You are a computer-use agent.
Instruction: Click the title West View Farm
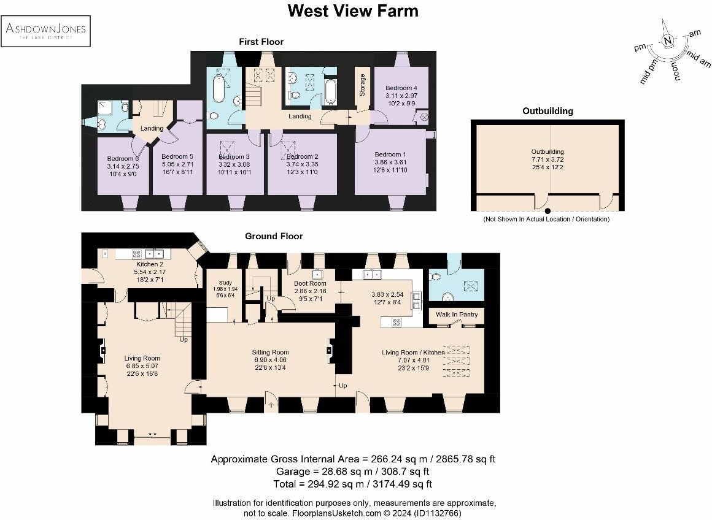pyautogui.click(x=353, y=11)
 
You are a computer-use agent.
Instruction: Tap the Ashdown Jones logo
pyautogui.click(x=46, y=31)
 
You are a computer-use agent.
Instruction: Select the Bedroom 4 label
pyautogui.click(x=402, y=88)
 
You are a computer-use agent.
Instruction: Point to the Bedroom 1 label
pyautogui.click(x=390, y=154)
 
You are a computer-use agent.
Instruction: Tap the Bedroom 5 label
pyautogui.click(x=177, y=157)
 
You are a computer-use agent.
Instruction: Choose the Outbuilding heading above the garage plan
pyautogui.click(x=548, y=111)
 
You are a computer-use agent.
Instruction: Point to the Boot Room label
pyautogui.click(x=309, y=283)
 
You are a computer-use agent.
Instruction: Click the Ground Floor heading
pyautogui.click(x=274, y=236)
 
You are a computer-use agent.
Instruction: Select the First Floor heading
pyautogui.click(x=261, y=42)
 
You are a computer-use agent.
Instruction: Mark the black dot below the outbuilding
pyautogui.click(x=548, y=211)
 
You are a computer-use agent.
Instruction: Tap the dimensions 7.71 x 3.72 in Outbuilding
pyautogui.click(x=548, y=159)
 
